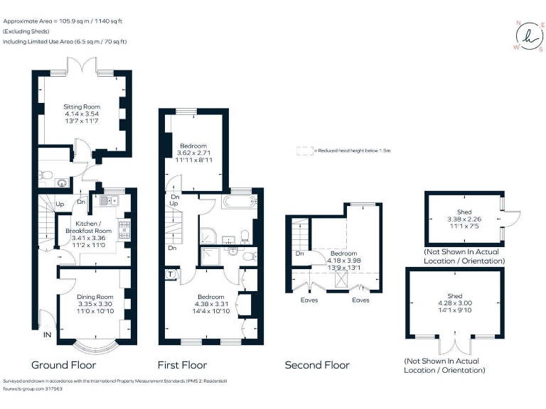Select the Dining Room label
(x=95, y=297)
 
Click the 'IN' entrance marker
(x=47, y=334)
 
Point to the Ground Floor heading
(x=63, y=365)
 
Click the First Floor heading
(x=183, y=365)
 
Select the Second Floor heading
(x=317, y=365)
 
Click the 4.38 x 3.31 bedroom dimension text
(x=210, y=304)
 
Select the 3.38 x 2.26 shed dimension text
(x=464, y=219)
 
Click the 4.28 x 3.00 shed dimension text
(x=454, y=302)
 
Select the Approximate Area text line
(x=63, y=21)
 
